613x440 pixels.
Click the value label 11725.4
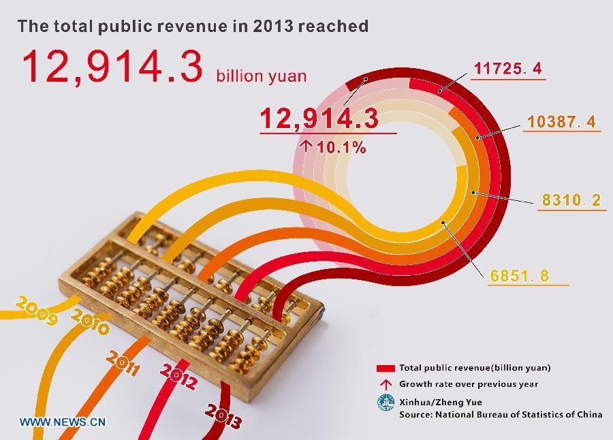coord(507,68)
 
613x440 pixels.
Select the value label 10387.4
coord(561,121)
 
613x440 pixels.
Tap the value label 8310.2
coord(571,200)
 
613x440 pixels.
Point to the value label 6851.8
coord(519,276)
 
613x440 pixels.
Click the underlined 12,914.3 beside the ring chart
coord(319,119)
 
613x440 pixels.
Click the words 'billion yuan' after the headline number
coord(261,76)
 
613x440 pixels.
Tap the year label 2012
coord(178,377)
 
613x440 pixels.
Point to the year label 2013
coord(223,415)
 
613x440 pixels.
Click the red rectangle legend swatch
coord(386,368)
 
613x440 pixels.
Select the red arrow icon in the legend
coord(386,384)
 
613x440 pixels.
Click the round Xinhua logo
coord(386,403)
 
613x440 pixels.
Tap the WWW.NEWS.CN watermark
coord(63,422)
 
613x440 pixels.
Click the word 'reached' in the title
coord(334,27)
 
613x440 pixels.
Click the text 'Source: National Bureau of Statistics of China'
coord(501,414)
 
